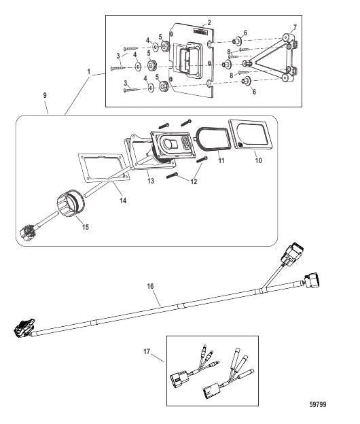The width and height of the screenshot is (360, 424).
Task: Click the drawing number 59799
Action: point(318,404)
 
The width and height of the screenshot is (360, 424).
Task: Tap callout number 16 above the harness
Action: point(150,286)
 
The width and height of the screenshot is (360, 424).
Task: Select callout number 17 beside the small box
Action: point(147,351)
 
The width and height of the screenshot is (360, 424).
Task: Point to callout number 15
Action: point(86,227)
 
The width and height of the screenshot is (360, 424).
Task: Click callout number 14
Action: point(123,200)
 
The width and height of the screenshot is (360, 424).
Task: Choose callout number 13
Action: point(151,181)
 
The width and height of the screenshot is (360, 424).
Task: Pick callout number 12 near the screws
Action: point(194,181)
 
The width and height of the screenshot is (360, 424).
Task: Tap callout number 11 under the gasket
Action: point(221,160)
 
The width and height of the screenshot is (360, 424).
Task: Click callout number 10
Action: point(259,160)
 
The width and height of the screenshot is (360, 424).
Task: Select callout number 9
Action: point(45,95)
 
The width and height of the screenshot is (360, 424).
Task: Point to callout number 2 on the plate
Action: point(209,22)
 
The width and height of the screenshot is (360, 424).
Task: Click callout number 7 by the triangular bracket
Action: point(295,27)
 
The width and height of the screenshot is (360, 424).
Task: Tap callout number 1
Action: point(89,71)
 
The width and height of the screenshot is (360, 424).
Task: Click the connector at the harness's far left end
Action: point(24,328)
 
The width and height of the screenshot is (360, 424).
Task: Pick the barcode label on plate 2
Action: point(200,32)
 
